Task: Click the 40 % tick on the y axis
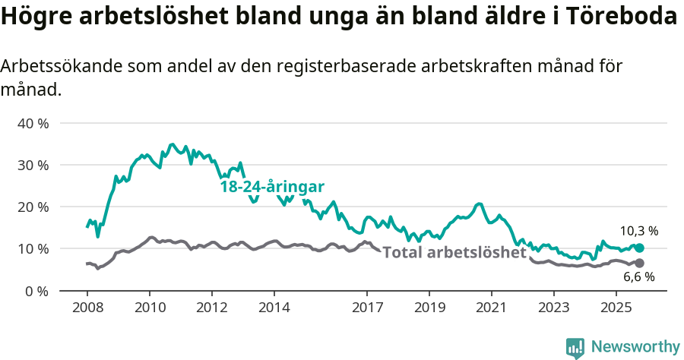33,123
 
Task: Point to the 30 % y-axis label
33,165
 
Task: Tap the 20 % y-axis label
33,207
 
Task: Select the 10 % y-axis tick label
33,248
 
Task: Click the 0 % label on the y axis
36,290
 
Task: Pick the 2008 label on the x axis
87,308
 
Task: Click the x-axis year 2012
211,308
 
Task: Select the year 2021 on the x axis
491,308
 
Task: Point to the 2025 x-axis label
616,308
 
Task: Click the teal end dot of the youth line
639,248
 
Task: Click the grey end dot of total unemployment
639,263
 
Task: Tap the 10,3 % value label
638,231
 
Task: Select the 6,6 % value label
640,277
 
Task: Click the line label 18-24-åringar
272,187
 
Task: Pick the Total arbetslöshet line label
454,252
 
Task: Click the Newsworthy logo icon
575,347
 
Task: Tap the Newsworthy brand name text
635,347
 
